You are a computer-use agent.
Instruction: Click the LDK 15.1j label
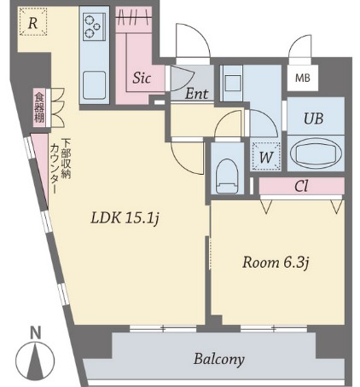click(125, 218)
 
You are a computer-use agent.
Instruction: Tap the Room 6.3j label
click(276, 263)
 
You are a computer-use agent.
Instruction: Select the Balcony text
click(219, 360)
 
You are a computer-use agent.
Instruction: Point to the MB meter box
click(303, 78)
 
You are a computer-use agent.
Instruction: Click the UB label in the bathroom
click(313, 118)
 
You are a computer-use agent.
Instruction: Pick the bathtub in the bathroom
click(316, 153)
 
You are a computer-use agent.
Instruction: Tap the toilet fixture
click(227, 176)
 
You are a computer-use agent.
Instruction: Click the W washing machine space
click(266, 156)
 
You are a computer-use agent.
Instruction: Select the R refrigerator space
click(33, 21)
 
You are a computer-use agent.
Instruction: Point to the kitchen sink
click(95, 85)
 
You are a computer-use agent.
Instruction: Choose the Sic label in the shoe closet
click(142, 78)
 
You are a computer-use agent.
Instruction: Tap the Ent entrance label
click(196, 94)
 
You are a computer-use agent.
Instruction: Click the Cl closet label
click(301, 187)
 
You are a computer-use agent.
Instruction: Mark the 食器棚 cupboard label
click(39, 108)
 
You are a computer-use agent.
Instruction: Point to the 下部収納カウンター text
click(60, 166)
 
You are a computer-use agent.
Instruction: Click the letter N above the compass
click(36, 332)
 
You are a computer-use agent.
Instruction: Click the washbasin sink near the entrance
click(233, 84)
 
